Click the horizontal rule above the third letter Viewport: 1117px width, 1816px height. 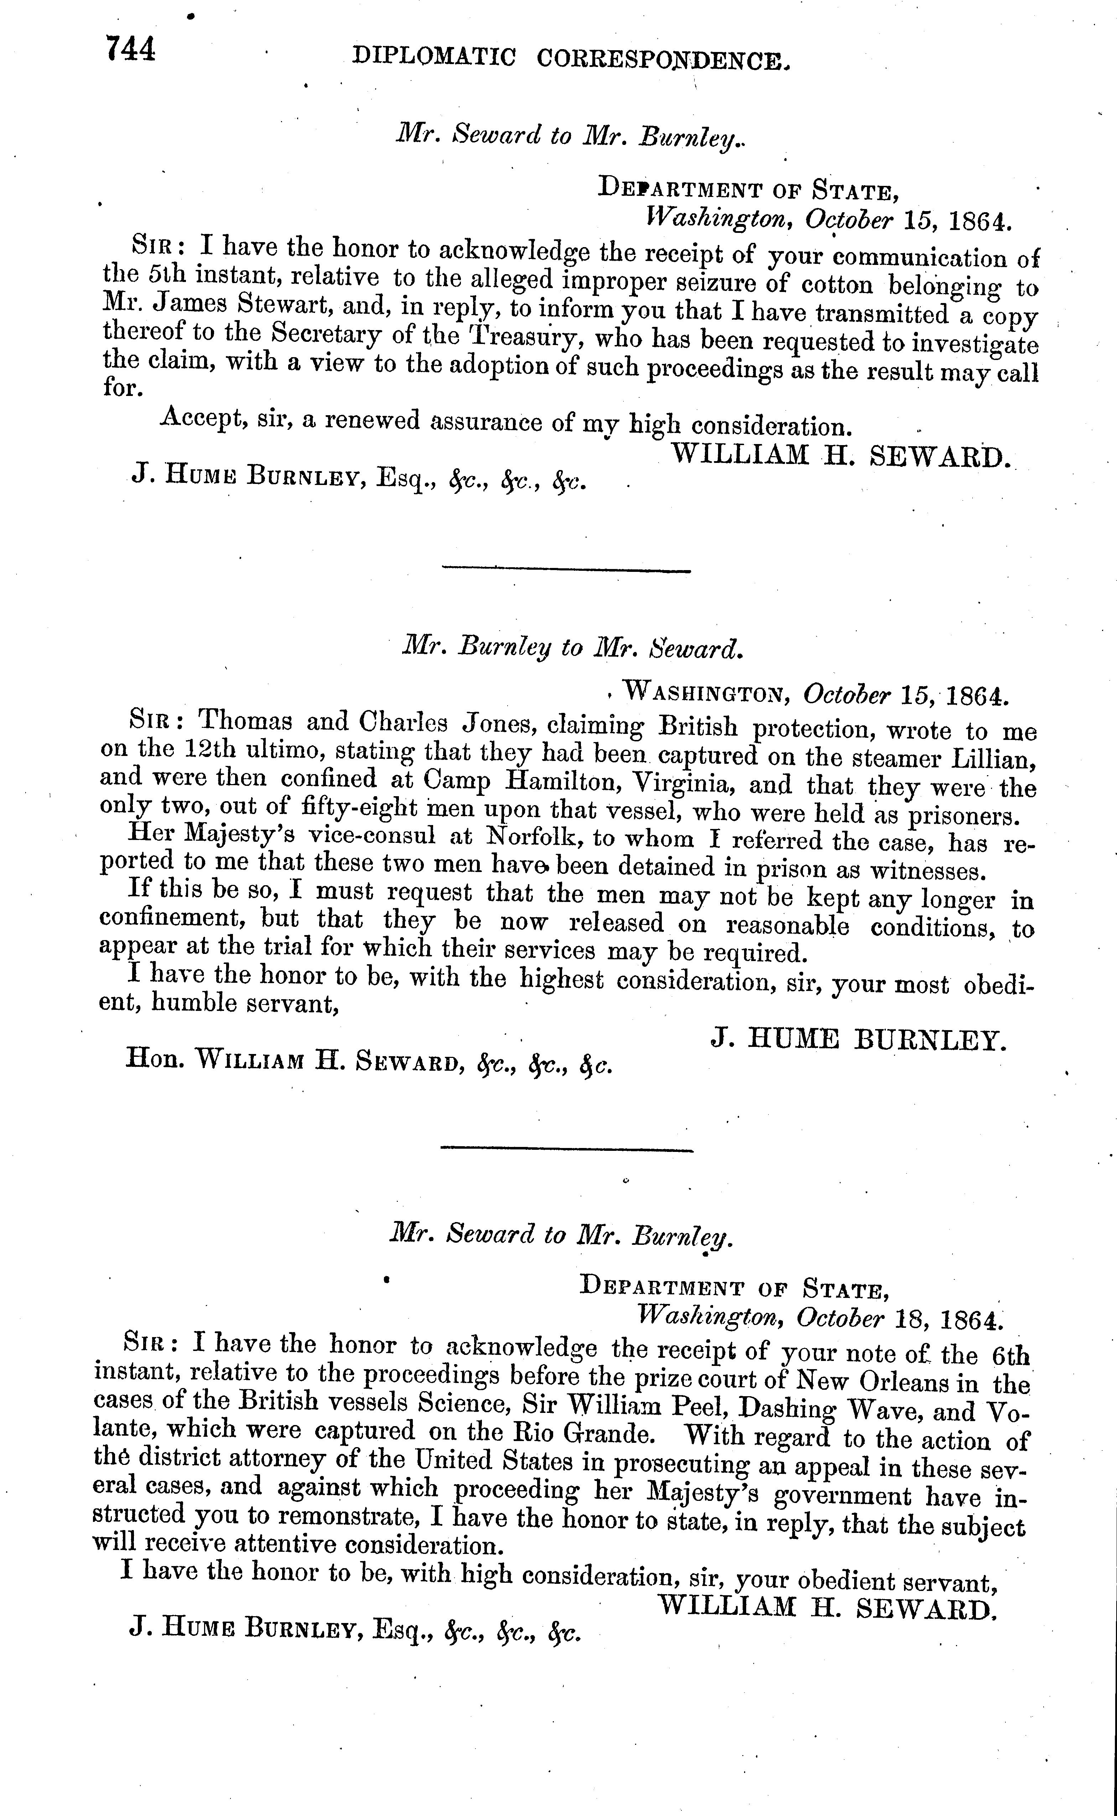(567, 1150)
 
